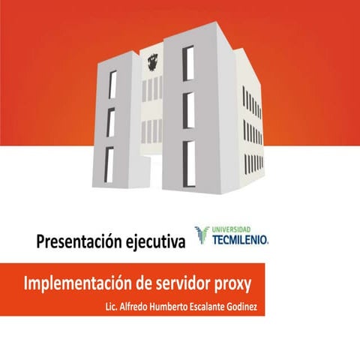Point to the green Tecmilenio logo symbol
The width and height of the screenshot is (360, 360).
coord(201,235)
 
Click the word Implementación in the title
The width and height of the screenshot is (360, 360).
coord(82,285)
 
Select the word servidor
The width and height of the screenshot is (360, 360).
coord(199,285)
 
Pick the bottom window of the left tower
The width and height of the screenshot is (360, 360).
coord(109,163)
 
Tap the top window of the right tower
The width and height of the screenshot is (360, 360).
coord(189,63)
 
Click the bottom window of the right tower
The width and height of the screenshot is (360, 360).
coord(188,158)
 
